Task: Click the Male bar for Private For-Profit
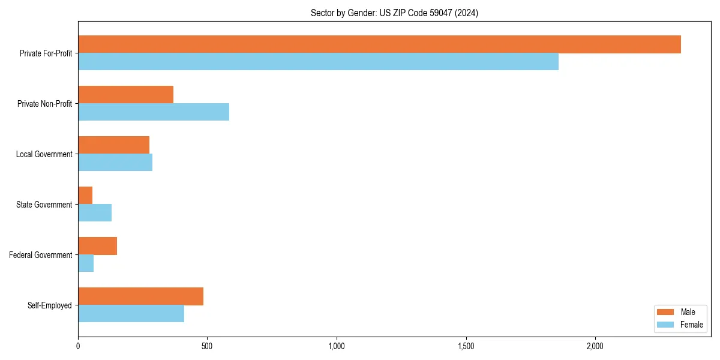379,44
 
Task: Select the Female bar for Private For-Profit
318,62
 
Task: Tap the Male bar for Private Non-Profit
125,95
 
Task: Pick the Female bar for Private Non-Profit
154,112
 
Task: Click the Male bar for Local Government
113,145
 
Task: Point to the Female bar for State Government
95,213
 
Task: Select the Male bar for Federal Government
97,246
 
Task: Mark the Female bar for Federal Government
86,263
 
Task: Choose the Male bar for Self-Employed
140,296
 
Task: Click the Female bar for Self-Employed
131,314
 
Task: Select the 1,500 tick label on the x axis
466,346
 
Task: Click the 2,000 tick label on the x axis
595,346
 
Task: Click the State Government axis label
44,205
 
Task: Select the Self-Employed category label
50,305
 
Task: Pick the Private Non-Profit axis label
45,104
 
